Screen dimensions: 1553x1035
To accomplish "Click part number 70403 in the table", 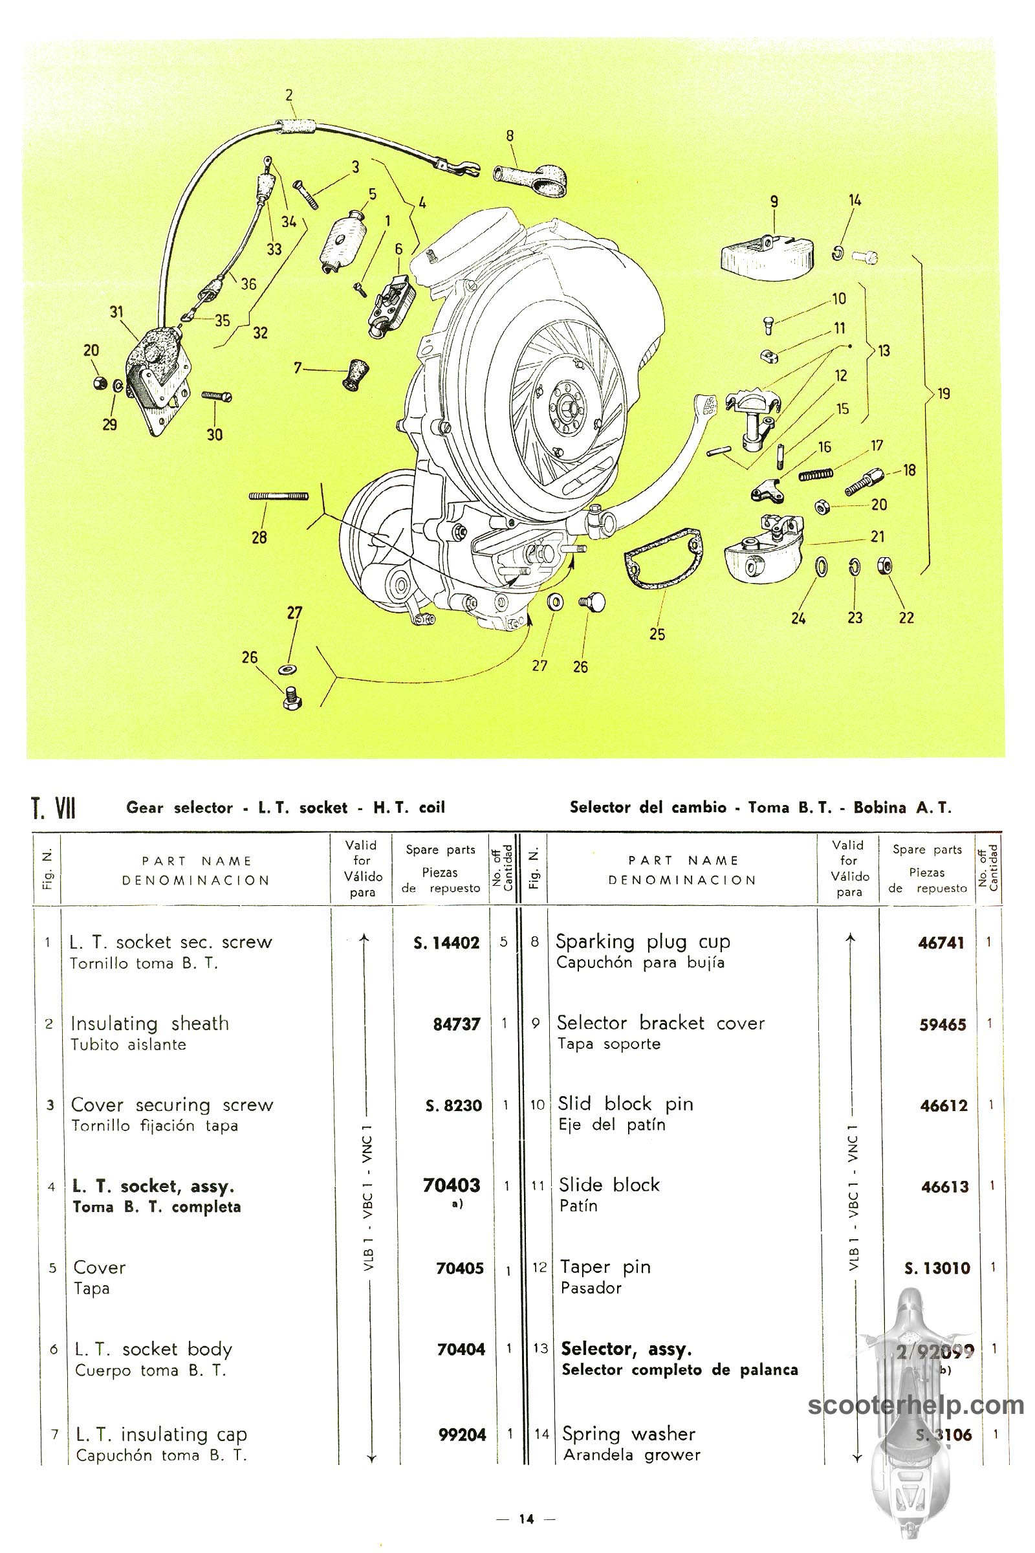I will click(x=452, y=1186).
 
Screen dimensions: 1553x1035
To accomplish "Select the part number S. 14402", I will click(x=446, y=943).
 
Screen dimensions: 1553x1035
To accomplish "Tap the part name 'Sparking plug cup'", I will click(x=642, y=942).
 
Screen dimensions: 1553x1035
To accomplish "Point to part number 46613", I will click(x=944, y=1187).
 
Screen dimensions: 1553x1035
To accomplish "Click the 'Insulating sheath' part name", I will click(x=150, y=1024).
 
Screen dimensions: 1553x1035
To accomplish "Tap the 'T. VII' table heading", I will click(x=54, y=808).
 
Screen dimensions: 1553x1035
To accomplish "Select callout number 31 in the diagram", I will click(x=117, y=312).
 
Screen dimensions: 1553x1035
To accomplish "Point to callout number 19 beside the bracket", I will click(x=944, y=393).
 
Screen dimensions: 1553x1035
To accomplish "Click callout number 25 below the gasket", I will click(x=657, y=634).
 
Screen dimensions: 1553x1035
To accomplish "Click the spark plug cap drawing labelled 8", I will click(x=531, y=179).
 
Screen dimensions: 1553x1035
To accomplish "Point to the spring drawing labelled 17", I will click(x=816, y=472).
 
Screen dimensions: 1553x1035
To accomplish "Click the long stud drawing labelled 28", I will click(x=279, y=496).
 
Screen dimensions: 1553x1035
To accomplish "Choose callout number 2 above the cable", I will click(x=289, y=95).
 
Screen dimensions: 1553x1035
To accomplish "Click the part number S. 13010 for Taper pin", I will click(x=937, y=1268).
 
